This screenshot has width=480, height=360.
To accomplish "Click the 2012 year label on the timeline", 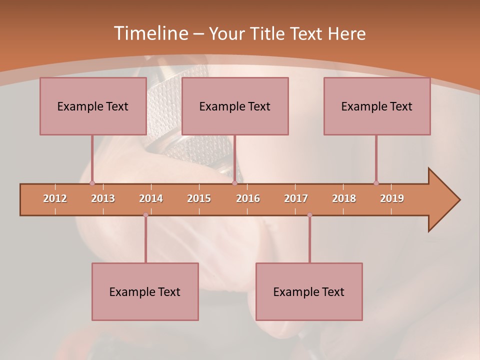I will pyautogui.click(x=55, y=198).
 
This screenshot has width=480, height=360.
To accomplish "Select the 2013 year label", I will pyautogui.click(x=103, y=198).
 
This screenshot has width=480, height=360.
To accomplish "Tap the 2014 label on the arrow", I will pyautogui.click(x=151, y=198).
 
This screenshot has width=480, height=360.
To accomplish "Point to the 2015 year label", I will pyautogui.click(x=199, y=198).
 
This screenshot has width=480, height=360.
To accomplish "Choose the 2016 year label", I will pyautogui.click(x=248, y=198).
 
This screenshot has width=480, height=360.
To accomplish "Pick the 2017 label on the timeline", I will pyautogui.click(x=296, y=198).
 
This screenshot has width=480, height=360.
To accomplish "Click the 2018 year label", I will pyautogui.click(x=344, y=198).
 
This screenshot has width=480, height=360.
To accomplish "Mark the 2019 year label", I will pyautogui.click(x=392, y=198).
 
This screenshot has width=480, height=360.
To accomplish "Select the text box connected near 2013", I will pyautogui.click(x=93, y=106).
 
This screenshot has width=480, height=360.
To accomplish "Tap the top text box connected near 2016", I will pyautogui.click(x=235, y=106).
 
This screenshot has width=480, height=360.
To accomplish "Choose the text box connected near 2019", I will pyautogui.click(x=377, y=106).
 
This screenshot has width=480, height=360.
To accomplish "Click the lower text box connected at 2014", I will pyautogui.click(x=145, y=291).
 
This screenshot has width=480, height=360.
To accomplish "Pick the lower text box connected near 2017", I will pyautogui.click(x=309, y=291).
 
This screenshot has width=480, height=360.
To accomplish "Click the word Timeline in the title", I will pyautogui.click(x=150, y=33).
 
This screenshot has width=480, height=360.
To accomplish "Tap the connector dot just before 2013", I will pyautogui.click(x=92, y=183).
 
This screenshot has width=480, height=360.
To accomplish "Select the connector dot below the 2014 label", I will pyautogui.click(x=145, y=215).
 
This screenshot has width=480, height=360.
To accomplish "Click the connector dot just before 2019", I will pyautogui.click(x=376, y=183).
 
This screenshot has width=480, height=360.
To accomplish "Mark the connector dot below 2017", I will pyautogui.click(x=309, y=215).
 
